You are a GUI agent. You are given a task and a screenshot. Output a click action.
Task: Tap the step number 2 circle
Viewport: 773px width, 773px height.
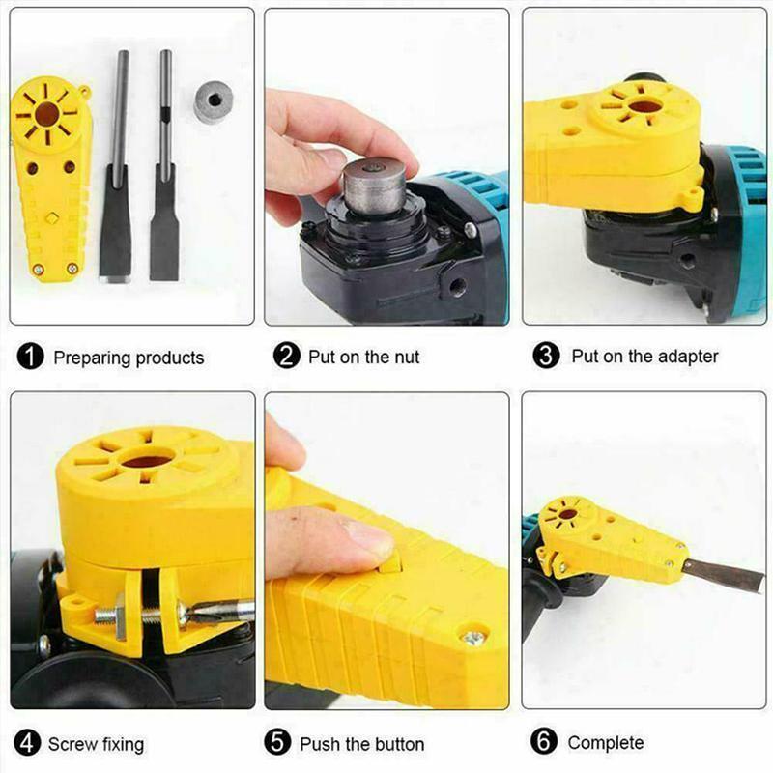tap(286, 357)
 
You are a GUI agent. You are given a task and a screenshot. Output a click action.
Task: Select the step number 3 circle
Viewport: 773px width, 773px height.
tap(547, 356)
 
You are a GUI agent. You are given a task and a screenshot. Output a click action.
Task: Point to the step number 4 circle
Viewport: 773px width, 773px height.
tap(29, 744)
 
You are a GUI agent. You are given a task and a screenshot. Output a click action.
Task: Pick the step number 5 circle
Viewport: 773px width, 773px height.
tap(279, 743)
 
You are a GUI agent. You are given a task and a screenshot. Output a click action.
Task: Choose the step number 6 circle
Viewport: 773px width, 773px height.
tap(546, 742)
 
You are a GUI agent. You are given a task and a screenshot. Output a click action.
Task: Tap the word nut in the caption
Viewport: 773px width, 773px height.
tap(406, 357)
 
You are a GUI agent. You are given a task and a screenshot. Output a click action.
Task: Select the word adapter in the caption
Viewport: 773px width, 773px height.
tap(687, 356)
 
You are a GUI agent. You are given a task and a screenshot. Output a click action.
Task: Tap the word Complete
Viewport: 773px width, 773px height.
tap(606, 742)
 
